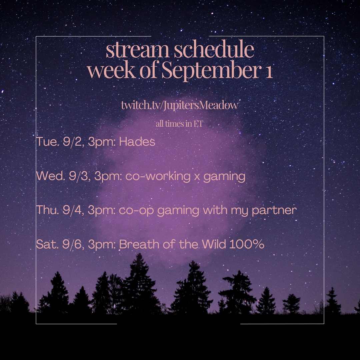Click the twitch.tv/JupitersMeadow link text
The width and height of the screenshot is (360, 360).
click(x=180, y=105)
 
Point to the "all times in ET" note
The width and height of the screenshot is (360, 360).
click(x=179, y=124)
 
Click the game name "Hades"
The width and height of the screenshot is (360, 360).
click(x=137, y=141)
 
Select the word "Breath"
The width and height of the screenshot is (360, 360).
click(x=139, y=244)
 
